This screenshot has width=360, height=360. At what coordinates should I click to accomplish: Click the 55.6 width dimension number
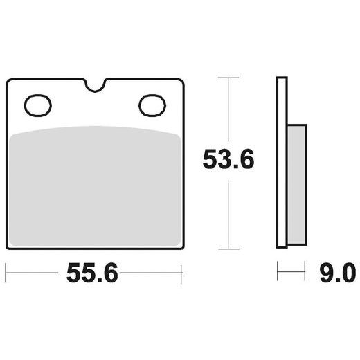click(x=92, y=273)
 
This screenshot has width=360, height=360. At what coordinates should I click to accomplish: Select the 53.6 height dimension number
click(x=228, y=159)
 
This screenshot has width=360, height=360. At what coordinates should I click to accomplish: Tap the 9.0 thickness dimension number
click(x=338, y=273)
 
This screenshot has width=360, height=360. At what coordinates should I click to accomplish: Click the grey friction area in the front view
click(x=95, y=186)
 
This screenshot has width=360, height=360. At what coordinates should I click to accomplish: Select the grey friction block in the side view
click(x=297, y=185)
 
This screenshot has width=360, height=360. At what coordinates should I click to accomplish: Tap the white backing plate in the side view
click(x=282, y=163)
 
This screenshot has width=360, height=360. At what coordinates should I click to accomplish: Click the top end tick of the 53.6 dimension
click(x=228, y=78)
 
